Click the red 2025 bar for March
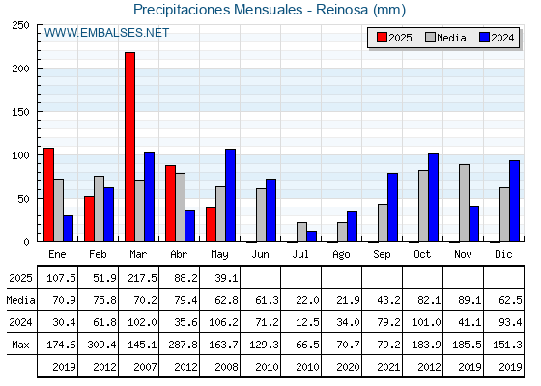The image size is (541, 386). point(129,147)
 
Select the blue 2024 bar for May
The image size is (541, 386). point(231,195)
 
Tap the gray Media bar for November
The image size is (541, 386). point(464,203)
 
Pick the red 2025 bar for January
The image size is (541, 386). point(48,195)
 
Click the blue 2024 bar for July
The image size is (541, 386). point(311,236)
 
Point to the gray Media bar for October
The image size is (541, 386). point(423,206)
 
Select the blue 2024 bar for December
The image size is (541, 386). point(514,201)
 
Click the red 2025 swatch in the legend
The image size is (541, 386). point(382,38)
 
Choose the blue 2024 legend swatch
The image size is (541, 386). point(484,38)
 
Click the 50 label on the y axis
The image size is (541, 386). point(23,199)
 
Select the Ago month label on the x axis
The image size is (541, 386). point(341,255)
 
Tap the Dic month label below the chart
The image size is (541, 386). point(503,254)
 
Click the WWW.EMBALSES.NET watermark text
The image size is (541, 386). point(106,33)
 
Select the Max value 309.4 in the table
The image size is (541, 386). point(101,345)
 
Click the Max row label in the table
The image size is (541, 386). point(20,345)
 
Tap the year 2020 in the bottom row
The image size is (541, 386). point(348,367)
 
